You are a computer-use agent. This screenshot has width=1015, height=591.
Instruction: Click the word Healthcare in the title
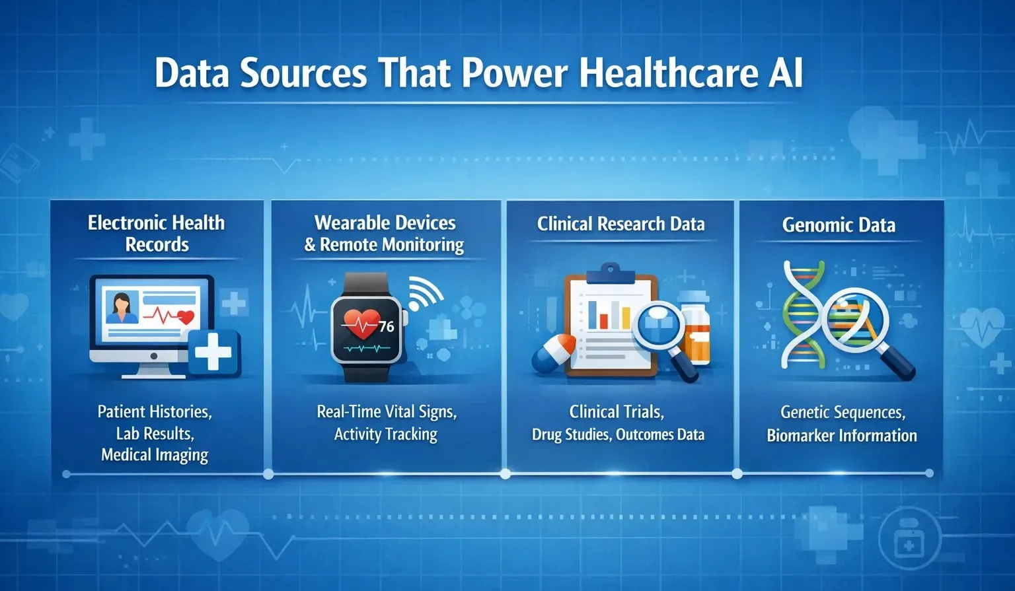(x=668, y=73)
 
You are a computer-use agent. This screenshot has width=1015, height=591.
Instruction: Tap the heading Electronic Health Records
(x=157, y=233)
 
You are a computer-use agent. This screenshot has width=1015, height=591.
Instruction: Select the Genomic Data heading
(x=839, y=225)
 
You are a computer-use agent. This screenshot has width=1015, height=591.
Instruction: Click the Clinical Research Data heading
(x=620, y=224)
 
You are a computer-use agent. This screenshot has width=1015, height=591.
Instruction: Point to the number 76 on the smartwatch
(x=386, y=326)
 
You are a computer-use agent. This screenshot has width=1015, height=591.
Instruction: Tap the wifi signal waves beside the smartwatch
(x=424, y=293)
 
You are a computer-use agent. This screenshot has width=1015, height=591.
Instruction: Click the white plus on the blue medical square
(x=213, y=352)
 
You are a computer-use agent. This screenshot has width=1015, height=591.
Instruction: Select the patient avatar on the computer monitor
(x=122, y=308)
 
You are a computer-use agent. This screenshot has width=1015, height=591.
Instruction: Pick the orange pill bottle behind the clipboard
(x=695, y=330)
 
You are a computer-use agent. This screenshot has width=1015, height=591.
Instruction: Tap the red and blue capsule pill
(x=554, y=354)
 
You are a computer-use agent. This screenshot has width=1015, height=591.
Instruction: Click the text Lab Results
(x=155, y=433)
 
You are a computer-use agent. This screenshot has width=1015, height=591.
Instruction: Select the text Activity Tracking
(x=386, y=434)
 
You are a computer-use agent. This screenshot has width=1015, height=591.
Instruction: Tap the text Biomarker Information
(x=841, y=435)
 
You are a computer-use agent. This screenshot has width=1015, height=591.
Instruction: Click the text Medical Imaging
(x=155, y=455)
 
